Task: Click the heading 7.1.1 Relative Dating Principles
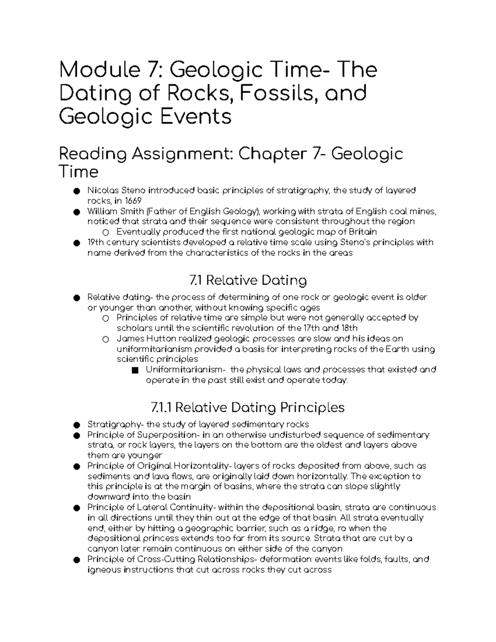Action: [x=248, y=408]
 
